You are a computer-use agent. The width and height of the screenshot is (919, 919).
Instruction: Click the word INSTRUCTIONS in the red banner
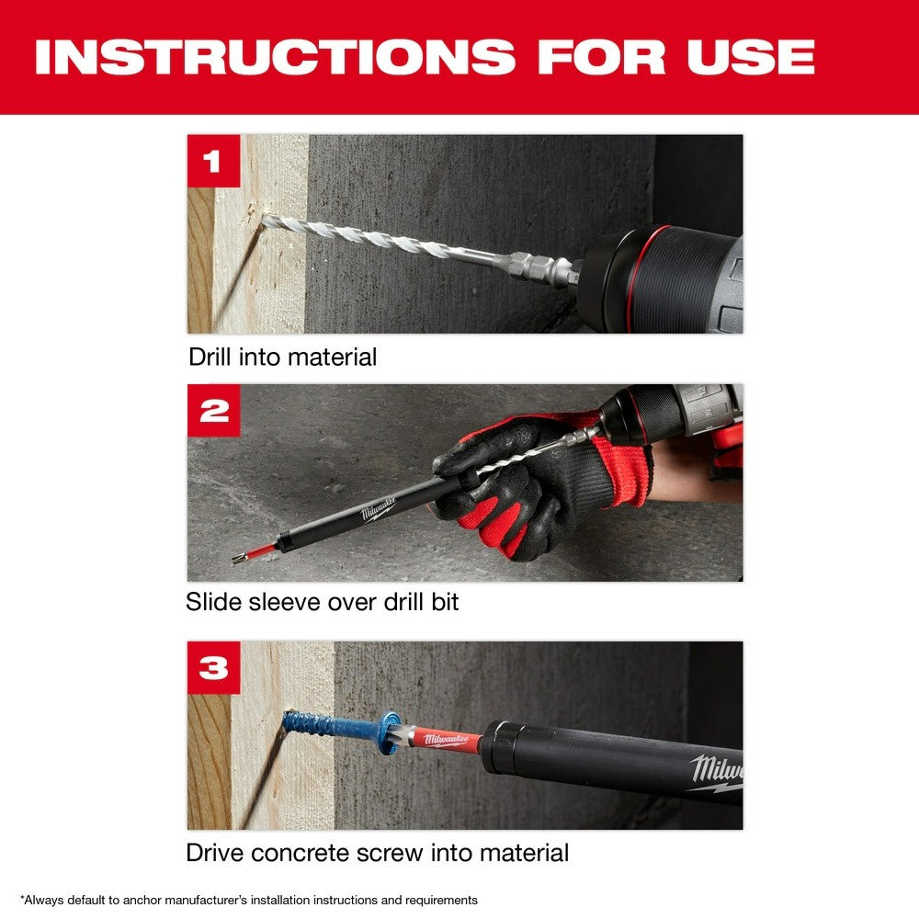point(275,56)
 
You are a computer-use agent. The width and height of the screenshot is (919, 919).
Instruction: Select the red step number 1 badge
point(213,161)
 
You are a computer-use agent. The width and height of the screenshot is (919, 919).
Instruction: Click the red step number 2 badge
point(213,411)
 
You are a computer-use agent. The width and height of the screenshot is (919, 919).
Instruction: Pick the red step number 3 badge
point(213,667)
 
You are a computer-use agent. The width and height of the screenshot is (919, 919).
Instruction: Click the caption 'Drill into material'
point(282,357)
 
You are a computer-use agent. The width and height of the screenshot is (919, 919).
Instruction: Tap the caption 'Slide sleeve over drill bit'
point(322,602)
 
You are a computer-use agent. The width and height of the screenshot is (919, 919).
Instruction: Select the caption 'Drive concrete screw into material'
point(377,852)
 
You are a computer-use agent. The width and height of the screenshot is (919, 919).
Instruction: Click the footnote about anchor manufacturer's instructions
point(249,900)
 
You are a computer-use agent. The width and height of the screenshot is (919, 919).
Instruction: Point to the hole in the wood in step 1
point(266,218)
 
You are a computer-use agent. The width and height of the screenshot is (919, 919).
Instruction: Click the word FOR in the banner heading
point(603,56)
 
